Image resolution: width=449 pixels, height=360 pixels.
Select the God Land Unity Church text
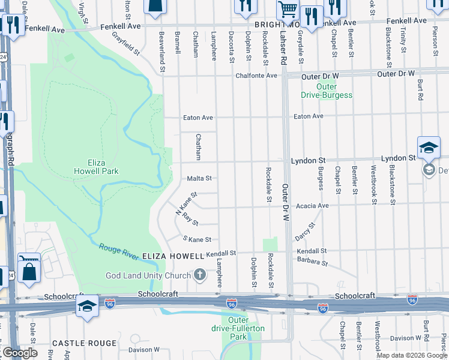148,275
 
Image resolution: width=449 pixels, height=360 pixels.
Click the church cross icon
200,275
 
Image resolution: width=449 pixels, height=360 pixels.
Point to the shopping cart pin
288,10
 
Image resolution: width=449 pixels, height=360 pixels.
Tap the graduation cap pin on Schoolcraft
87,306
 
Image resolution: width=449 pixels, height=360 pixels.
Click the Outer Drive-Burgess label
327,91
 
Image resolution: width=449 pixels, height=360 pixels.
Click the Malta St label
199,178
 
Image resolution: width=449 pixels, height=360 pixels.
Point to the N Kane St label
186,204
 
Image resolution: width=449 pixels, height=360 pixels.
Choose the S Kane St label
197,239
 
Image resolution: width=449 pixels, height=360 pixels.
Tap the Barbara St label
313,263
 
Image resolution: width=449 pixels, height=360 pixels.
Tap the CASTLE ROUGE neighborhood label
84,343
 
